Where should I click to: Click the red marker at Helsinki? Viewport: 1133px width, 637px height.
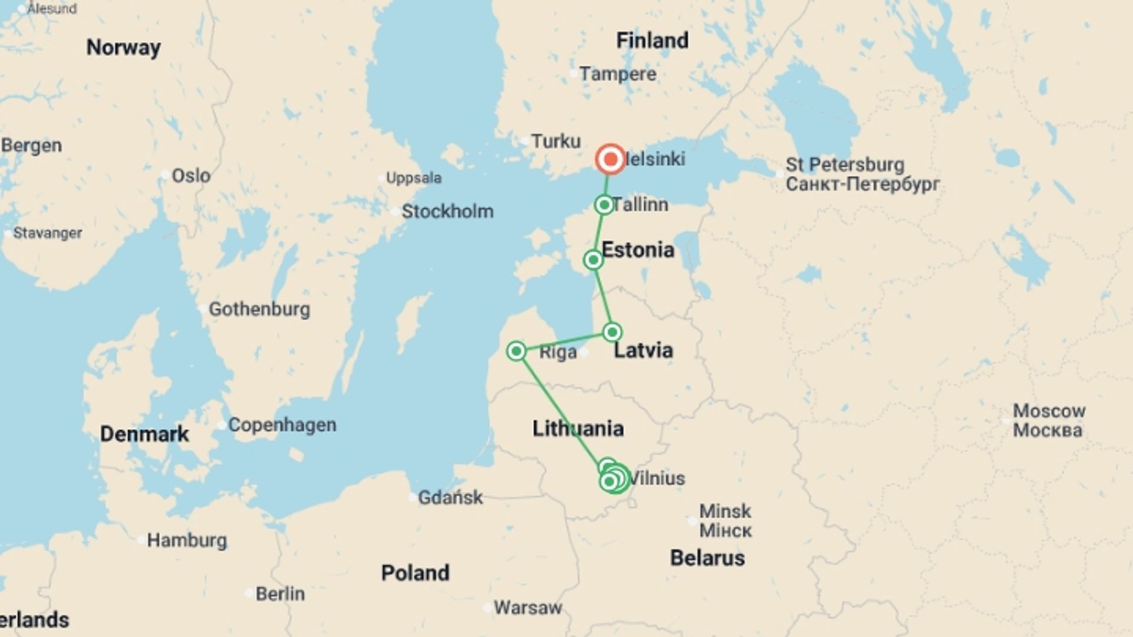click(610, 159)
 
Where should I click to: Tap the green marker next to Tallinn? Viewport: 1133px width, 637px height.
click(604, 205)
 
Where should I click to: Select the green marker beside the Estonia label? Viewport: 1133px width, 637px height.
click(593, 260)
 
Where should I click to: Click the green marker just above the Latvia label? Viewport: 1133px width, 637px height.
click(612, 332)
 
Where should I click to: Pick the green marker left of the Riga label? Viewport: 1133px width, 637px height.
click(516, 352)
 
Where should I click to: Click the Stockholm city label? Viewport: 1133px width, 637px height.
click(447, 211)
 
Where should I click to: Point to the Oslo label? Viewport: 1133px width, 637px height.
click(191, 176)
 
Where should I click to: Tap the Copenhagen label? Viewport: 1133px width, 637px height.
click(282, 425)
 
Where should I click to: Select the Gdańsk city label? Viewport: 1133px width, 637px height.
click(450, 497)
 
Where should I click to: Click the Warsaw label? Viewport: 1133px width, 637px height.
click(528, 608)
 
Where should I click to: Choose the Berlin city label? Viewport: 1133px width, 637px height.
click(280, 593)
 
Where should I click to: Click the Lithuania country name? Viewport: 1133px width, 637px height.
click(578, 429)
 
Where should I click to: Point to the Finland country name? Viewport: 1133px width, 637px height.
click(652, 41)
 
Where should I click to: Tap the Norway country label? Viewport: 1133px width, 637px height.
click(123, 47)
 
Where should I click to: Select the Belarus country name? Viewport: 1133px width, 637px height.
click(707, 558)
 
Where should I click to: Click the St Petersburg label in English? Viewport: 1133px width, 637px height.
click(844, 165)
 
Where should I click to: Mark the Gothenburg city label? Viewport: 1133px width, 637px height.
click(259, 309)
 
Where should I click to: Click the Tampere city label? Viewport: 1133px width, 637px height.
click(617, 74)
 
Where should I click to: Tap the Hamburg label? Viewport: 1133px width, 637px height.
click(186, 540)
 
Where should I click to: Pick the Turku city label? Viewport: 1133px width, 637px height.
click(555, 142)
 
